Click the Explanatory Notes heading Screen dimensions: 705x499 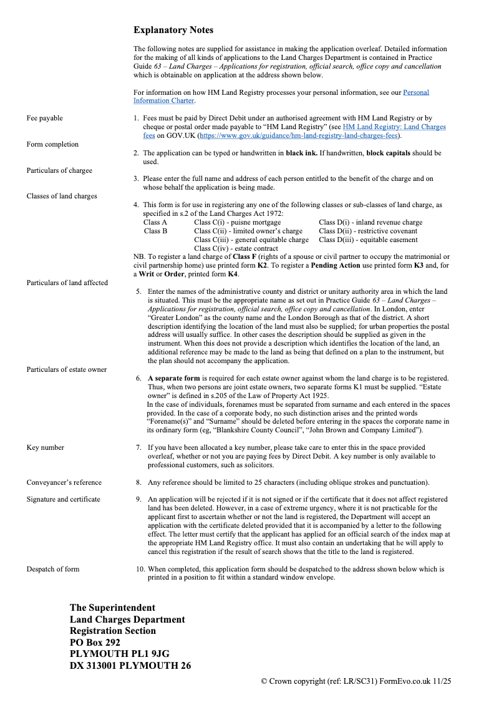(173, 30)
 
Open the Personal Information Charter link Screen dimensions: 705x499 (416, 92)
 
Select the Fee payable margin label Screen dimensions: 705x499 (44, 118)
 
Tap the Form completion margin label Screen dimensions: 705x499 (52, 144)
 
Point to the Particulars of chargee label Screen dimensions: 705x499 (59, 170)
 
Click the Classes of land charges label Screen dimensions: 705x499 (62, 196)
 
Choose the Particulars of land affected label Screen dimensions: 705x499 (67, 283)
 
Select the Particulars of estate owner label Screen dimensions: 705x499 (66, 369)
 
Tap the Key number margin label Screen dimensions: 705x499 (45, 447)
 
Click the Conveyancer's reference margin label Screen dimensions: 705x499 (64, 482)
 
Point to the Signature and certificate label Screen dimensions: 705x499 (63, 499)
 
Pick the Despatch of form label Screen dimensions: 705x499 (53, 569)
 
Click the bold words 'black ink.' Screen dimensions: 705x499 (303, 153)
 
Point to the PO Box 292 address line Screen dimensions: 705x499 (95, 643)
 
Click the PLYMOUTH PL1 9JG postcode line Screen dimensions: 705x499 (120, 654)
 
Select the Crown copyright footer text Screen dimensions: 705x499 (356, 681)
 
